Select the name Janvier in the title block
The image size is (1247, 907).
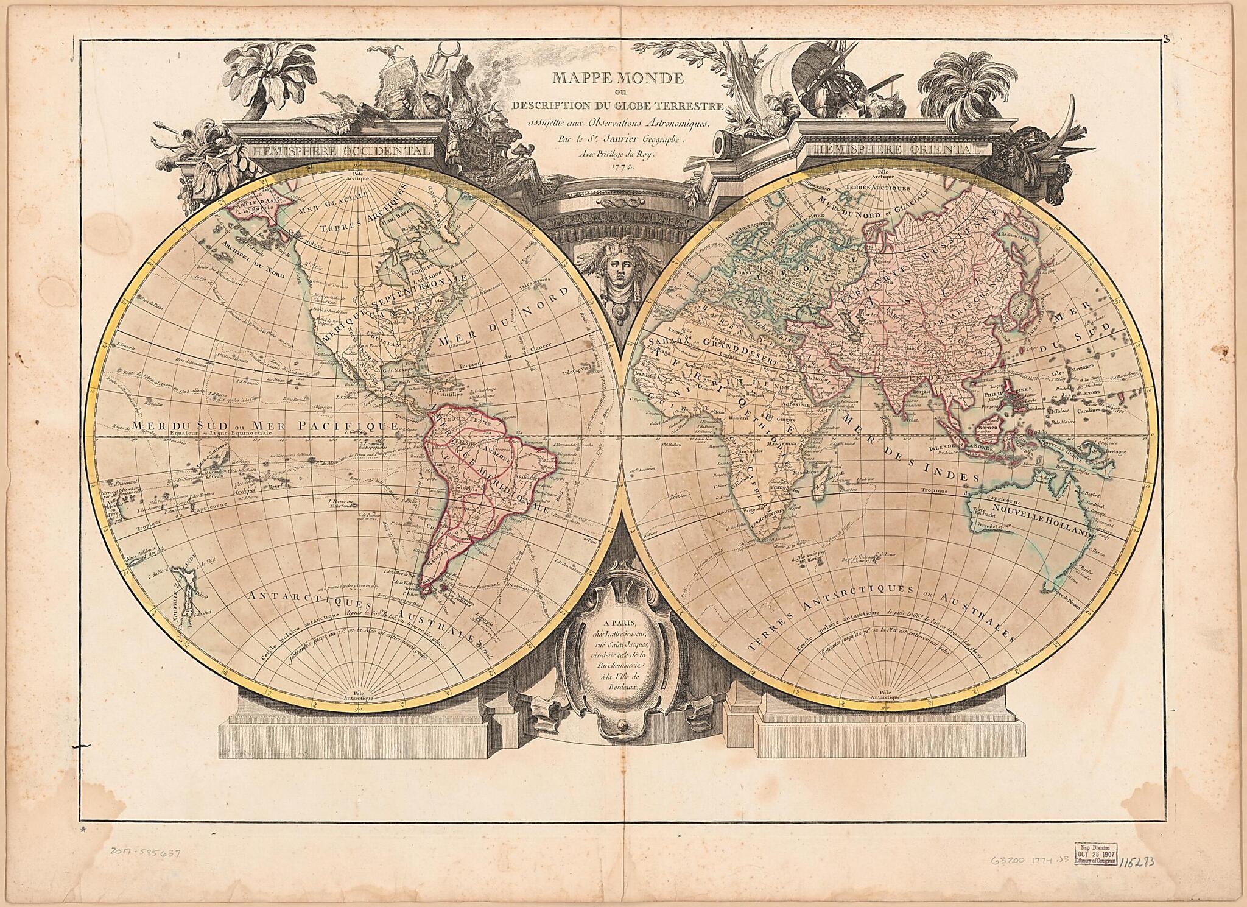point(636,139)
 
